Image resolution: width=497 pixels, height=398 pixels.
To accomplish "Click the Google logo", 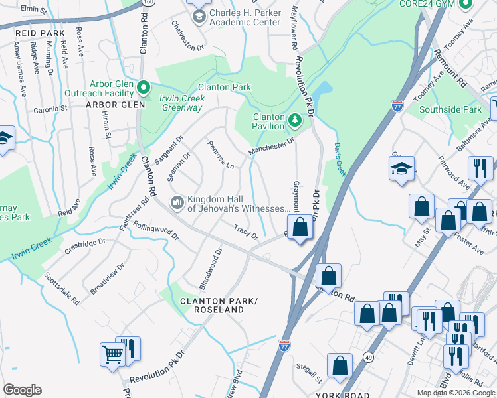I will [23, 390].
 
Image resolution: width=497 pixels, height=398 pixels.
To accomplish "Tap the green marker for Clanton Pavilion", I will [296, 121].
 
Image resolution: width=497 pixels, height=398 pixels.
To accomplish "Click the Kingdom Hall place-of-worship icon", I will [177, 201].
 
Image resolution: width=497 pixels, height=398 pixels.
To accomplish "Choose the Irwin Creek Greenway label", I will [181, 103].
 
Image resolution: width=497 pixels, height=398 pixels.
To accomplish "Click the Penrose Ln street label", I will [220, 154].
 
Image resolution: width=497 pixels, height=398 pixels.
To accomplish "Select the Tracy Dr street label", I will [245, 232].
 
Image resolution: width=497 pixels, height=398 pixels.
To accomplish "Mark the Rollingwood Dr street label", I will [156, 230].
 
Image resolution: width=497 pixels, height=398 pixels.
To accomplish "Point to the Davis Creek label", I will [340, 160].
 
